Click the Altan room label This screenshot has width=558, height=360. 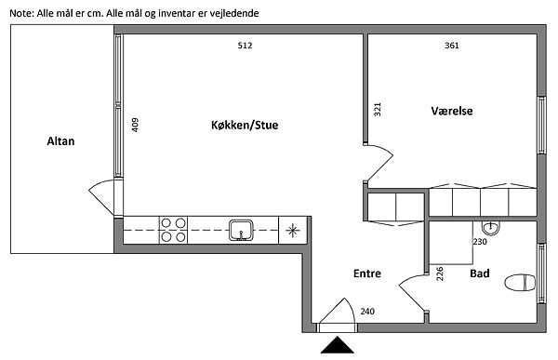(60, 141)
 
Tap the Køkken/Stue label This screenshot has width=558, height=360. (245, 125)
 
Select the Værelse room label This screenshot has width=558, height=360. (452, 111)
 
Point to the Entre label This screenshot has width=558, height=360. (367, 273)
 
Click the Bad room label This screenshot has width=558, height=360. (480, 273)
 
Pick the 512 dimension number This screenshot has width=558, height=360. (245, 46)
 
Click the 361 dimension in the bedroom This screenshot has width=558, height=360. (452, 46)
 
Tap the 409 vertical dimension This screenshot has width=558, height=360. (135, 125)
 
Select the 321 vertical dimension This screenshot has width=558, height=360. (378, 110)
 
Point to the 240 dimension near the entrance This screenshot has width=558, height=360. (367, 312)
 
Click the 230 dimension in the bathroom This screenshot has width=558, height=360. (480, 242)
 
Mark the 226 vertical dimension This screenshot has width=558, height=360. (440, 273)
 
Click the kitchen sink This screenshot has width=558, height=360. (241, 230)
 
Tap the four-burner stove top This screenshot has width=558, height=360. (173, 230)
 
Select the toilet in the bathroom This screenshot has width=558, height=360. (520, 283)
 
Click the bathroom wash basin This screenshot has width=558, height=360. (491, 228)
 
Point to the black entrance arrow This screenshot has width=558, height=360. (337, 345)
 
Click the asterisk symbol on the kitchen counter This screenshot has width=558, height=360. (292, 230)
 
